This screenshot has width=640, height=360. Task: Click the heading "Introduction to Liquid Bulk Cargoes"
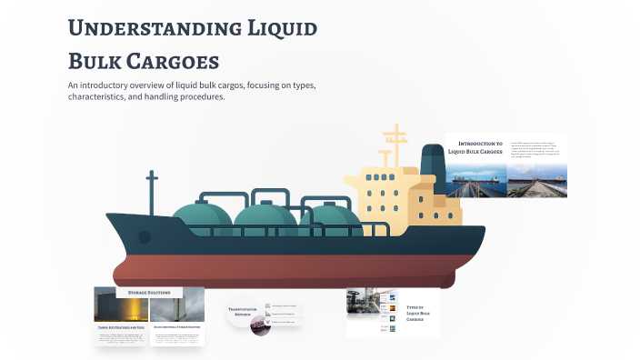(x=479, y=147)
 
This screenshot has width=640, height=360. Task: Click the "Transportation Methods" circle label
(x=244, y=310)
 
